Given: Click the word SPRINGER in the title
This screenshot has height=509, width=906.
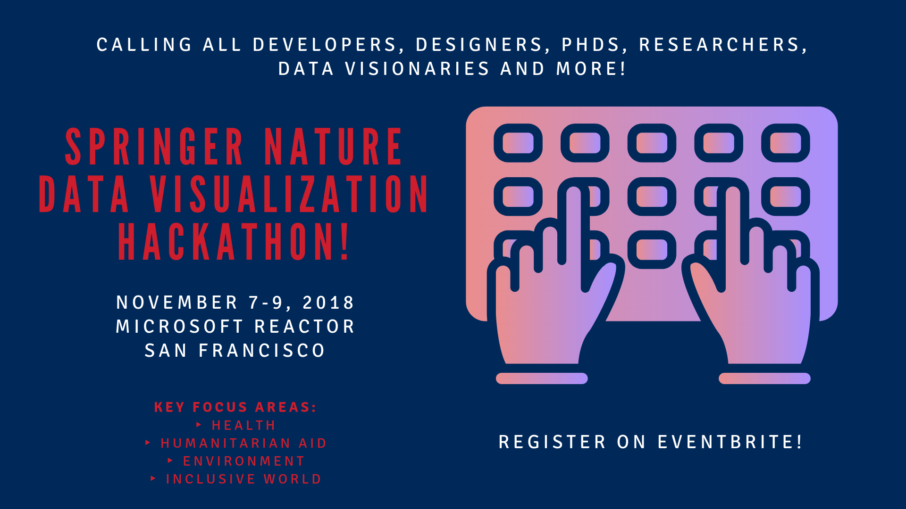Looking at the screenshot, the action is click(154, 147).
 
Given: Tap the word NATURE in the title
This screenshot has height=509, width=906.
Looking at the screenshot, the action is click(333, 147).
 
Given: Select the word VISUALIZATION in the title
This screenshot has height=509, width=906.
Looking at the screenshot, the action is click(289, 194).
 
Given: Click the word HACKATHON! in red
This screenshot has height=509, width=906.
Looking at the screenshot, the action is click(234, 242).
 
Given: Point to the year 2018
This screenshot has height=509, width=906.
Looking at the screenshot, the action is click(328, 303).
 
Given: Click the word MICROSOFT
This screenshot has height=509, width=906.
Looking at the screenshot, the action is click(180, 327).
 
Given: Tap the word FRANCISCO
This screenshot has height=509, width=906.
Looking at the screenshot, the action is click(262, 351).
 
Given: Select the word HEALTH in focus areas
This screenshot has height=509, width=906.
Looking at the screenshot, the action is click(243, 426).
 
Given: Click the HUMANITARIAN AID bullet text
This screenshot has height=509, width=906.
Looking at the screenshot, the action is click(243, 443).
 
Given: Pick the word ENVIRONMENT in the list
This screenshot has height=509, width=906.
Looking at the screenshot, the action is click(244, 461).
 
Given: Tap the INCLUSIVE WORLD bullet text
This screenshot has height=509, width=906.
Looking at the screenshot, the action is click(243, 479).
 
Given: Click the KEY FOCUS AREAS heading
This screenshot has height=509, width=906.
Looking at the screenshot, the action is click(235, 407).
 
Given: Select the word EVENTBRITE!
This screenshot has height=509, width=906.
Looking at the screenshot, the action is click(730, 442).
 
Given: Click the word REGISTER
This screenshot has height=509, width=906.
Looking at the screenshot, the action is click(552, 442).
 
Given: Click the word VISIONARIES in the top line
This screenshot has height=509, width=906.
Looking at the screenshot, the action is click(417, 69).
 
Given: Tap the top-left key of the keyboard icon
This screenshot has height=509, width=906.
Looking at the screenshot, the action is click(518, 143).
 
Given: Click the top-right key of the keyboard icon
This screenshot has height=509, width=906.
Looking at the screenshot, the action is click(786, 143).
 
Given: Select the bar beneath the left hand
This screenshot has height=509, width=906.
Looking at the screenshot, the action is click(542, 378).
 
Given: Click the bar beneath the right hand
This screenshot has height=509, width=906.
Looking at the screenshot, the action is click(764, 378).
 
